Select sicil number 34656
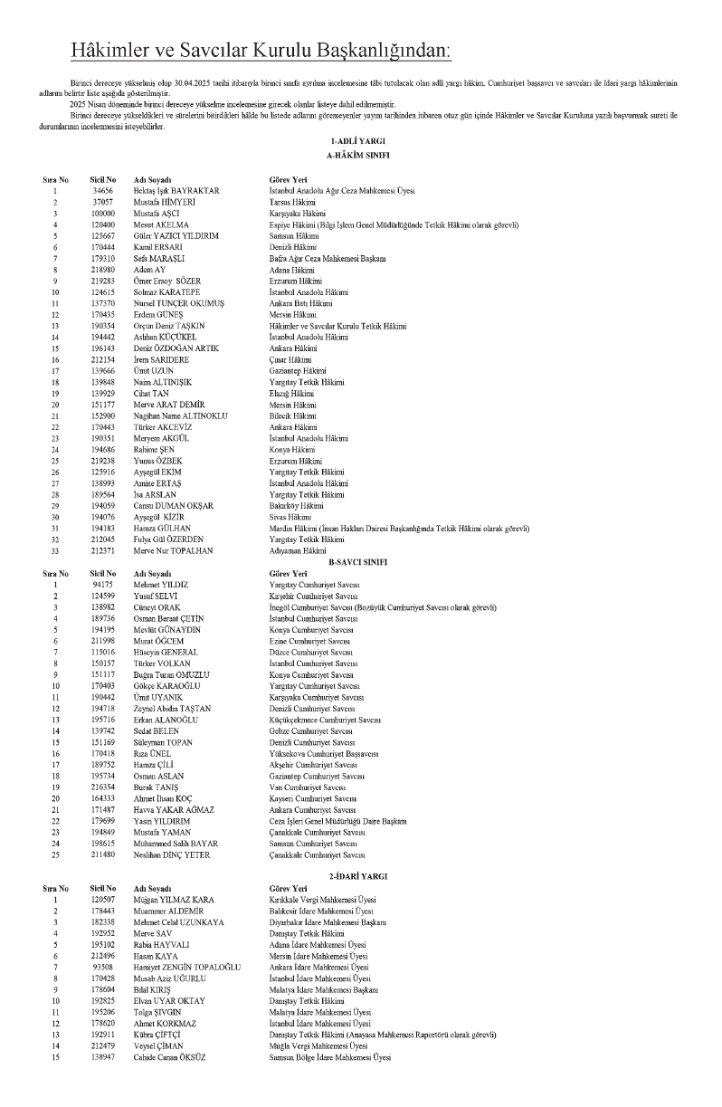coord(102,191)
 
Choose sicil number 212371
coord(102,549)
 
